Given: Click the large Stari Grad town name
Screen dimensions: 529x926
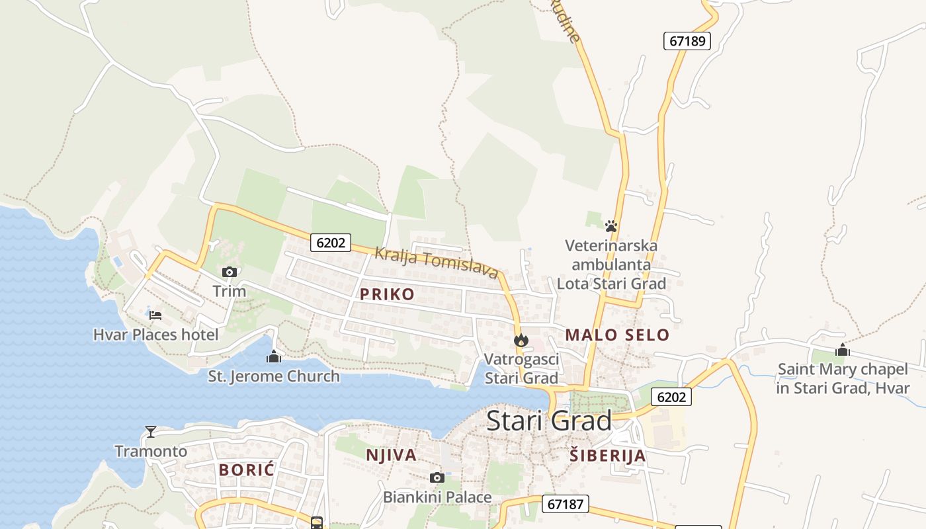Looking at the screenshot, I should click(549, 421).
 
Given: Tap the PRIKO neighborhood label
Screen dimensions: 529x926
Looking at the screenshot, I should click(387, 294).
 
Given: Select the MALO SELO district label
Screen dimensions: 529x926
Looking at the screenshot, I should click(617, 335).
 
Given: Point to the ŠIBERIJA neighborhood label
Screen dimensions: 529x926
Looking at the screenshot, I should click(607, 455).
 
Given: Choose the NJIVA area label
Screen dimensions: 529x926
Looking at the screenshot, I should click(391, 455).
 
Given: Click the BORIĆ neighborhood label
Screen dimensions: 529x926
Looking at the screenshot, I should click(246, 470).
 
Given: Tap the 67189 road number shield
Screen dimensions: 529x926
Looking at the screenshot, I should click(687, 41).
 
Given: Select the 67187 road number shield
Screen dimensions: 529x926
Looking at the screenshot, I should click(566, 504).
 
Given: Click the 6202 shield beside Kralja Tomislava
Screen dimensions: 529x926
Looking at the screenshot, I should click(331, 243).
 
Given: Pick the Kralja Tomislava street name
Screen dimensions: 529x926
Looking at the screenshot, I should click(437, 263).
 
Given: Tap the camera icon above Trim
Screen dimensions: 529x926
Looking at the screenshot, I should click(230, 272).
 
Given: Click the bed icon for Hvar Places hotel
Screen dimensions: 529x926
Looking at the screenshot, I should click(155, 315).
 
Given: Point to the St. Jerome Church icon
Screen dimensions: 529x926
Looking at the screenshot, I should click(273, 357).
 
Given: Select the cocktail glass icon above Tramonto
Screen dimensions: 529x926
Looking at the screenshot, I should click(151, 432).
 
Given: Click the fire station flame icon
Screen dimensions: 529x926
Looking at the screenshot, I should click(521, 341).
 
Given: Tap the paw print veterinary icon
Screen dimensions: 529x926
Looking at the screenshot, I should click(611, 226).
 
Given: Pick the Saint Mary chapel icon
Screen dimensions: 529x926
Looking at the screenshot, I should click(842, 350).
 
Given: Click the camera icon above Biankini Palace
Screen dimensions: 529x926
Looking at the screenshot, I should click(437, 477).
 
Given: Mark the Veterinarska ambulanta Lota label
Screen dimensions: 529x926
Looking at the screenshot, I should click(611, 264).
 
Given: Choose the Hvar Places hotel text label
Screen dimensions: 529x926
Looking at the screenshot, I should click(155, 335).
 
